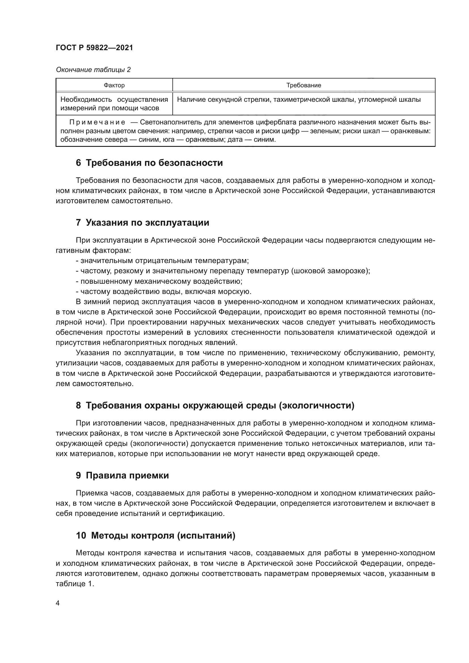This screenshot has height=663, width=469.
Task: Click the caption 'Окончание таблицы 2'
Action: pos(93,70)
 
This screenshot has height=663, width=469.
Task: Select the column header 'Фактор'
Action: pos(114,86)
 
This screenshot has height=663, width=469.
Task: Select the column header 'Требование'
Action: pos(303,86)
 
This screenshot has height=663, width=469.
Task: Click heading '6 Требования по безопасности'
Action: pos(149,163)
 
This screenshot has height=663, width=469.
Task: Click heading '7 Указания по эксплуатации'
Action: pos(142,223)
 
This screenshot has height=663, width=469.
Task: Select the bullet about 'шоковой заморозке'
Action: pos(222,271)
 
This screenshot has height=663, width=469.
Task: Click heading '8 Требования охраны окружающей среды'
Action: pos(215,405)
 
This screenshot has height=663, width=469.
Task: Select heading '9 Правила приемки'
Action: pos(122,475)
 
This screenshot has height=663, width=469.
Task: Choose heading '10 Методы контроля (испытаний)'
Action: pos(156,536)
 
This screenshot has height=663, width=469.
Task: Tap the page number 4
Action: pos(58,603)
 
